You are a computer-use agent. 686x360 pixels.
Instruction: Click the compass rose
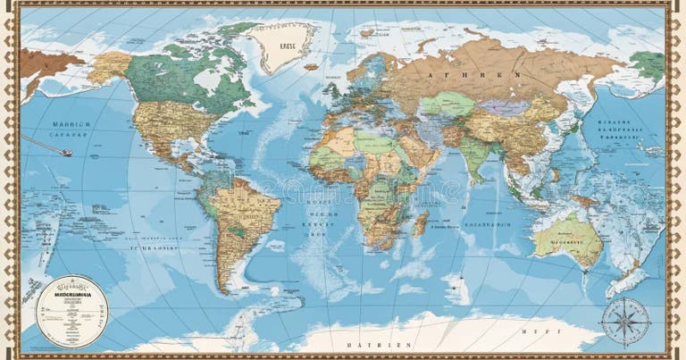tap(624, 321)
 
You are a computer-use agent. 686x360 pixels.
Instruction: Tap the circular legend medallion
tap(67, 311)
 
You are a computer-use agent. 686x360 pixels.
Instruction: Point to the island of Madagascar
tap(421, 222)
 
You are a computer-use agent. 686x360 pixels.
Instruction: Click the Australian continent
tap(568, 238)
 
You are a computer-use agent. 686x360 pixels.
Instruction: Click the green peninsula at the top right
tap(648, 64)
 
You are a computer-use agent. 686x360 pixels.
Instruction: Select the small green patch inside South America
tap(235, 230)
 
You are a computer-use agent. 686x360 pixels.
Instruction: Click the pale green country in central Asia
tap(447, 105)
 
